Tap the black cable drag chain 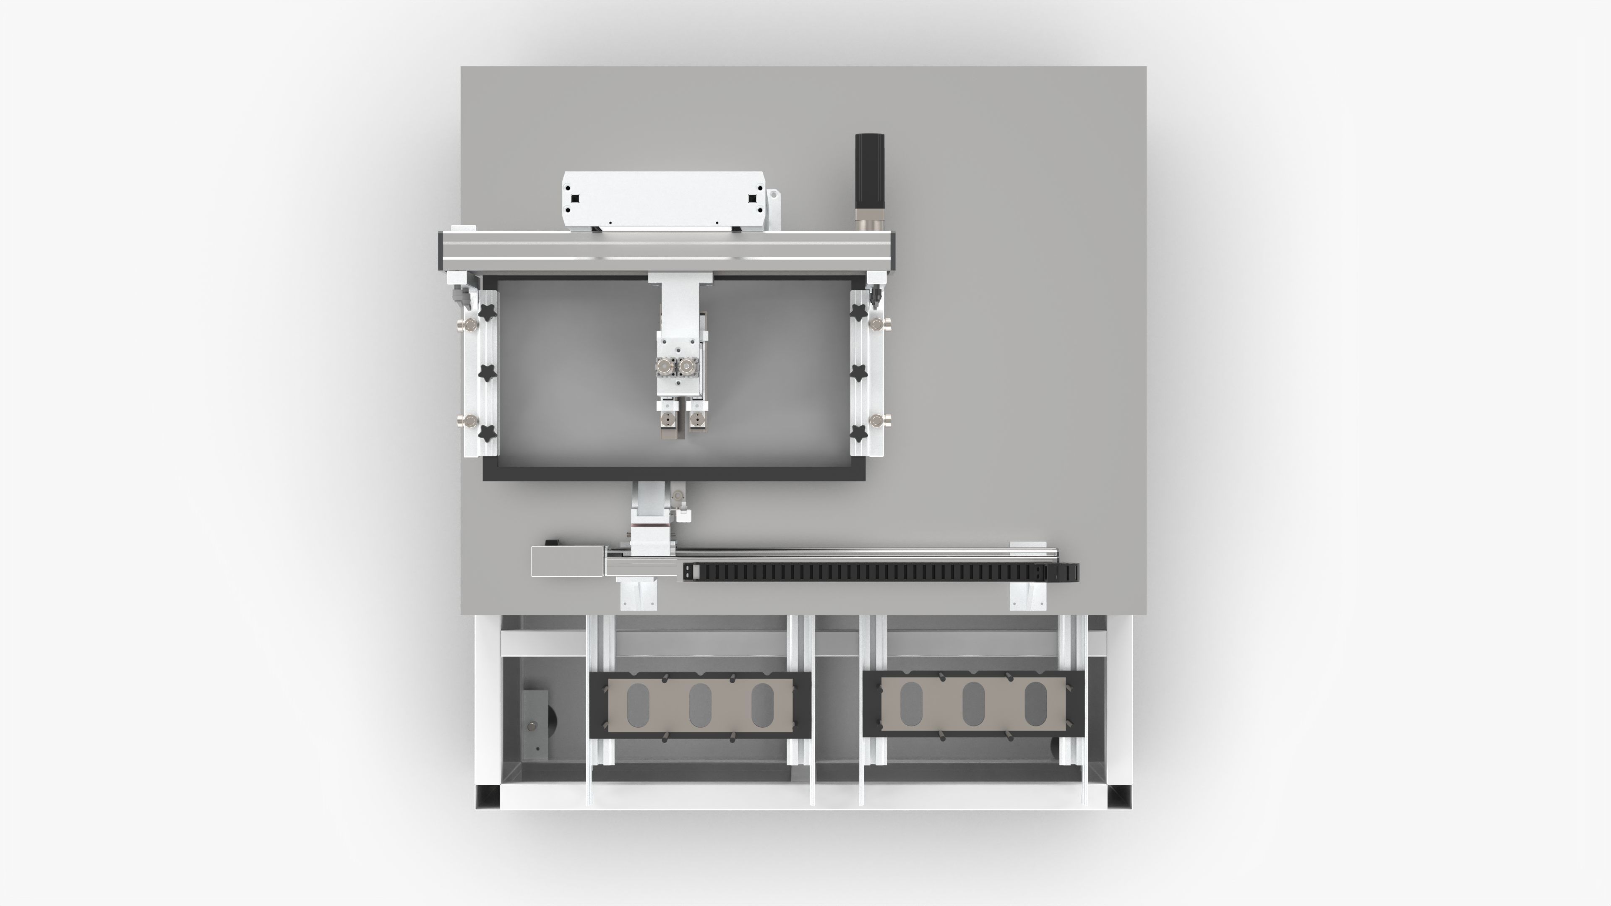tap(876, 571)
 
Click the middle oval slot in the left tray tap(700, 705)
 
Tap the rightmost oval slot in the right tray tap(1036, 705)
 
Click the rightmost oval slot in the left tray tap(762, 705)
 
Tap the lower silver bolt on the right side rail tap(877, 419)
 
